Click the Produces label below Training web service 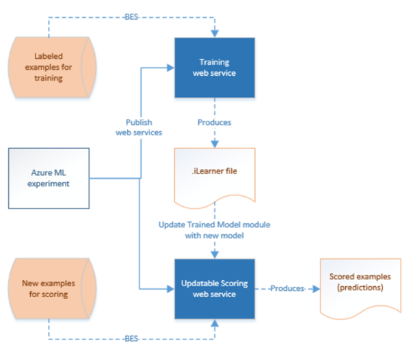click(214, 123)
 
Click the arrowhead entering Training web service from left click(170, 67)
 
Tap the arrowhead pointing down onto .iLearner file click(214, 144)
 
